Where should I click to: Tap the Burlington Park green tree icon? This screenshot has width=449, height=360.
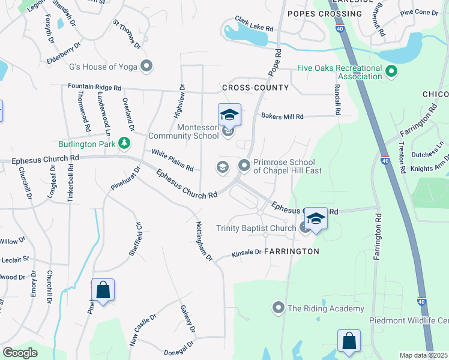pyautogui.click(x=124, y=143)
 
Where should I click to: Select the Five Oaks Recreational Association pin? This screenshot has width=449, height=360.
pyautogui.click(x=391, y=72)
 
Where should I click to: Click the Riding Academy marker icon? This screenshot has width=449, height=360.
pyautogui.click(x=278, y=308)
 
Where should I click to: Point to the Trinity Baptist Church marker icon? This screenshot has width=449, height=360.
pyautogui.click(x=305, y=227)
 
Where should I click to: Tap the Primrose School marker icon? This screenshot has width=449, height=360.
pyautogui.click(x=244, y=165)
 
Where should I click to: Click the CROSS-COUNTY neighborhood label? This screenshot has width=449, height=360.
pyautogui.click(x=255, y=88)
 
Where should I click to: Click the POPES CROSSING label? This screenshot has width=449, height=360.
pyautogui.click(x=325, y=13)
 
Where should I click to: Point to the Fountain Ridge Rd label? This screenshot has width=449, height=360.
pyautogui.click(x=95, y=86)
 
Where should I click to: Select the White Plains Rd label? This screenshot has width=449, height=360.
pyautogui.click(x=172, y=160)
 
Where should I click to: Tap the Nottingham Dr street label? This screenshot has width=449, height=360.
pyautogui.click(x=204, y=241)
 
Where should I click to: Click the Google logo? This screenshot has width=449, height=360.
pyautogui.click(x=20, y=353)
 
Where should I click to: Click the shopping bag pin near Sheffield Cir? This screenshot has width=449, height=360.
pyautogui.click(x=103, y=290)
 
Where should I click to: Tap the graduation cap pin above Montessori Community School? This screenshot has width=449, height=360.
pyautogui.click(x=229, y=114)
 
